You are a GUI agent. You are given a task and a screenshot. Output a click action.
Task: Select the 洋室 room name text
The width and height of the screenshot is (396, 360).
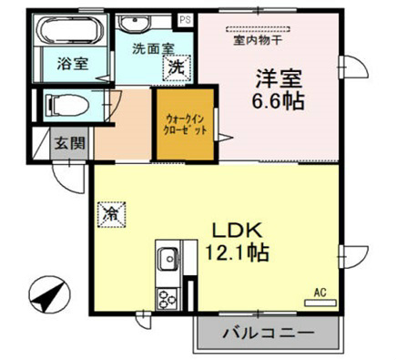[273, 77]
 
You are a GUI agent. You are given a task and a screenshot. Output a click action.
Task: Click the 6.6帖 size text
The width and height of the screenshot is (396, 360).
[273, 99]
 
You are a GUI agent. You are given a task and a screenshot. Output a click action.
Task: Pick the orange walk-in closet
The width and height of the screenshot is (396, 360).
[186, 129]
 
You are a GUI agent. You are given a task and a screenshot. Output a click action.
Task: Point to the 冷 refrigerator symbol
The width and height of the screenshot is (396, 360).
[111, 215]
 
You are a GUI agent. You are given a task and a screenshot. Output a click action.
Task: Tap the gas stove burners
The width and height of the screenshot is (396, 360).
[167, 297]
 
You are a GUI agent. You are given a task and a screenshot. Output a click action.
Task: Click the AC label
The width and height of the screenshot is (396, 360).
[320, 293]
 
